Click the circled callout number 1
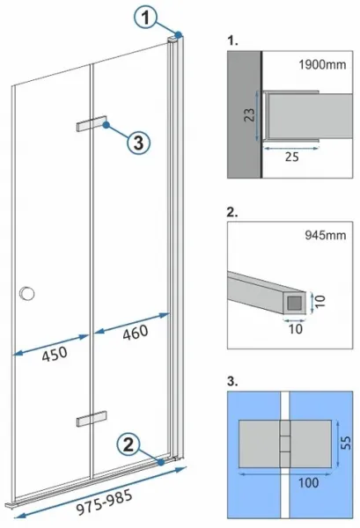(x=145, y=18)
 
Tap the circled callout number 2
(x=129, y=444)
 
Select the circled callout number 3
(x=138, y=143)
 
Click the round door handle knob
(x=27, y=293)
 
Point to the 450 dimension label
(x=55, y=353)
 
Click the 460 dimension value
(x=136, y=332)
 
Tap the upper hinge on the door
(x=92, y=123)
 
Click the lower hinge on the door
(x=92, y=418)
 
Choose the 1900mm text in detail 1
(x=322, y=64)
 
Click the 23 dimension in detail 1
(x=250, y=115)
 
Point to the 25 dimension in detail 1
(x=291, y=157)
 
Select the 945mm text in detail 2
(x=326, y=235)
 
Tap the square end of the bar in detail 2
(x=295, y=303)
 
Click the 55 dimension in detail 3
(x=346, y=443)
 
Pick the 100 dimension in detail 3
(x=308, y=482)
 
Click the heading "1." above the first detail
(x=232, y=40)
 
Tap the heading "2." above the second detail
(x=232, y=212)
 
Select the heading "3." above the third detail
(x=232, y=382)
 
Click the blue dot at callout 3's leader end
(x=107, y=125)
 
